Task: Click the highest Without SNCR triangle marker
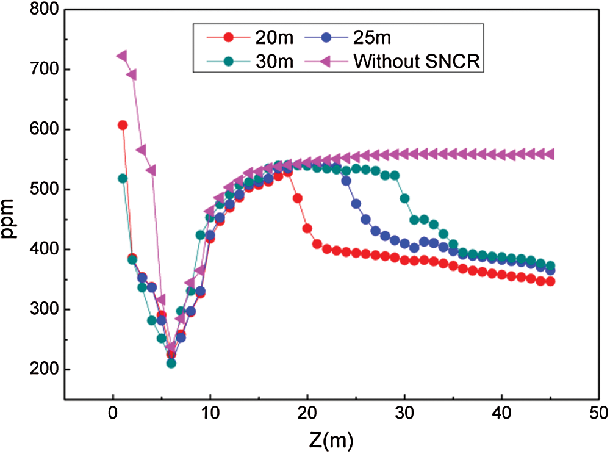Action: (122, 56)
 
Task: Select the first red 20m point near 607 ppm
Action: (123, 125)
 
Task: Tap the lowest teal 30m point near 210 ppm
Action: (171, 363)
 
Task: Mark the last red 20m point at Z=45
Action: (550, 281)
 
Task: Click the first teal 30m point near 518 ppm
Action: (123, 178)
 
